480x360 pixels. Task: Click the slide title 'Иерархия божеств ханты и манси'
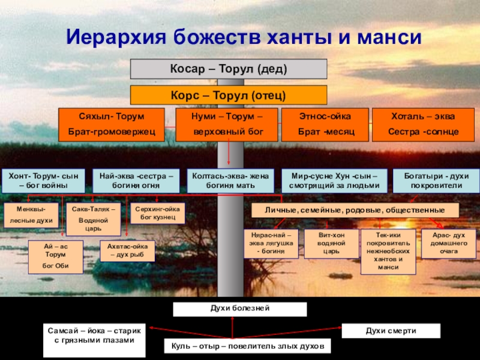(x=244, y=38)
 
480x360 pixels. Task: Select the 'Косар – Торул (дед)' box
(x=229, y=69)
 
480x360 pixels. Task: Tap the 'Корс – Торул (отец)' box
(x=229, y=95)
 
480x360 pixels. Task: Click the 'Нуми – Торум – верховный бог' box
(x=226, y=125)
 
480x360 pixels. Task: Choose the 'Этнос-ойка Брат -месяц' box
(x=325, y=125)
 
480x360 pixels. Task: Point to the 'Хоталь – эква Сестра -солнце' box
(x=423, y=125)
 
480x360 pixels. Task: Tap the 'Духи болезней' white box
(x=239, y=309)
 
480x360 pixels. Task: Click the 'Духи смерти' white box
(x=391, y=331)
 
